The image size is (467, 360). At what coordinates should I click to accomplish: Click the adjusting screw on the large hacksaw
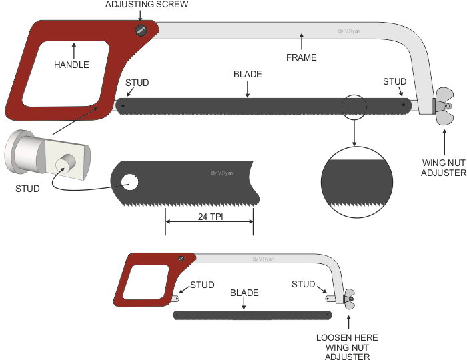pyautogui.click(x=141, y=30)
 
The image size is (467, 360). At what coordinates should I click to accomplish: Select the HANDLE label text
pyautogui.click(x=72, y=65)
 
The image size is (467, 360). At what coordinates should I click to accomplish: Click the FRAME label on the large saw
pyautogui.click(x=302, y=58)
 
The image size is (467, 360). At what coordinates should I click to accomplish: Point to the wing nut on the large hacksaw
pyautogui.click(x=441, y=106)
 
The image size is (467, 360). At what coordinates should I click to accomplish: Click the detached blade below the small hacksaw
pyautogui.click(x=252, y=315)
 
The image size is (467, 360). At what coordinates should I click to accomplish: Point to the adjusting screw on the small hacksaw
pyautogui.click(x=180, y=259)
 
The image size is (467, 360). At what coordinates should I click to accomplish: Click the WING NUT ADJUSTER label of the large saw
pyautogui.click(x=443, y=167)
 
